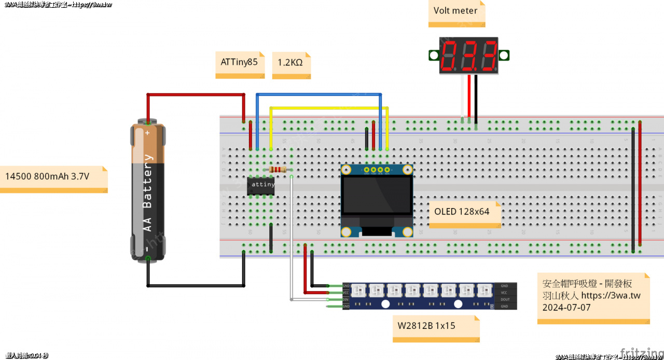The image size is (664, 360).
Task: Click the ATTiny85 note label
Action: pyautogui.click(x=239, y=62)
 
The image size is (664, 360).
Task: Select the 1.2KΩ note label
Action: pyautogui.click(x=290, y=63)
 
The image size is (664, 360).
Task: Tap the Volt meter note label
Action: pyautogui.click(x=455, y=11)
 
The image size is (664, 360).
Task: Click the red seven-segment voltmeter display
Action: pyautogui.click(x=468, y=55)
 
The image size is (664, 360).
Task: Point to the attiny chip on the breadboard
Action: pyautogui.click(x=261, y=185)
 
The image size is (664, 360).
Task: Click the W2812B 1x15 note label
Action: pyautogui.click(x=426, y=326)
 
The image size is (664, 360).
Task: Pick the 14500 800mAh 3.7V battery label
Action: pyautogui.click(x=47, y=176)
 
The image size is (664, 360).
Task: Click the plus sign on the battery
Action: pyautogui.click(x=147, y=133)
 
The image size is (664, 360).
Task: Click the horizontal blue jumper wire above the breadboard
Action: pyautogui.click(x=319, y=94)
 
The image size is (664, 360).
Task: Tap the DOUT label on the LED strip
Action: pyautogui.click(x=504, y=300)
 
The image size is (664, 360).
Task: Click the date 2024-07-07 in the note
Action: pyautogui.click(x=566, y=307)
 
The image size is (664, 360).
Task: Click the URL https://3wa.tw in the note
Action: pyautogui.click(x=611, y=296)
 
